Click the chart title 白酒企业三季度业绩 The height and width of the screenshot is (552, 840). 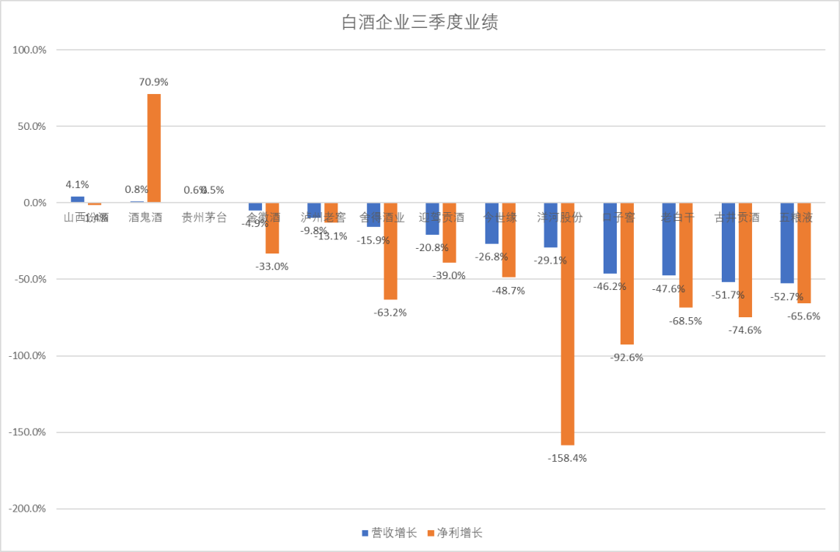tap(420, 23)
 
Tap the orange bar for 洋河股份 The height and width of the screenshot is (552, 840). tap(568, 323)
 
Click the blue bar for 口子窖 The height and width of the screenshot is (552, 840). tap(610, 238)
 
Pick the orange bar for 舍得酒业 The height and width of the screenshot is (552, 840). tap(390, 250)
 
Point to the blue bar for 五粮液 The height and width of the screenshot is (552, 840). tap(787, 243)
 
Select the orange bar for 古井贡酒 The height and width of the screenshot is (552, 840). tap(745, 260)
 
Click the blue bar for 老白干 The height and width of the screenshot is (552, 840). tap(669, 239)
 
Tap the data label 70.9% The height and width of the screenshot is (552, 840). tap(154, 82)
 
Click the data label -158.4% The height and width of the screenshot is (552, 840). tap(567, 458)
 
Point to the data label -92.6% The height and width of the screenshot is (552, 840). tap(626, 357)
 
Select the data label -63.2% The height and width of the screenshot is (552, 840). tap(390, 312)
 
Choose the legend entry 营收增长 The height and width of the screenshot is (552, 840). tap(389, 533)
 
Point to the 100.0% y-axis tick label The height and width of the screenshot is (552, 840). tap(30, 50)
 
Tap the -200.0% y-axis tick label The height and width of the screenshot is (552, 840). tap(28, 508)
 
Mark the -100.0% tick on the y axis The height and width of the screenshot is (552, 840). tap(28, 355)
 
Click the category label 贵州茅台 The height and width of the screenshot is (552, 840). tap(205, 218)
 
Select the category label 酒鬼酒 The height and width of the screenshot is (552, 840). tap(145, 218)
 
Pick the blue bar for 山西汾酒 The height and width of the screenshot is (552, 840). tap(78, 199)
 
